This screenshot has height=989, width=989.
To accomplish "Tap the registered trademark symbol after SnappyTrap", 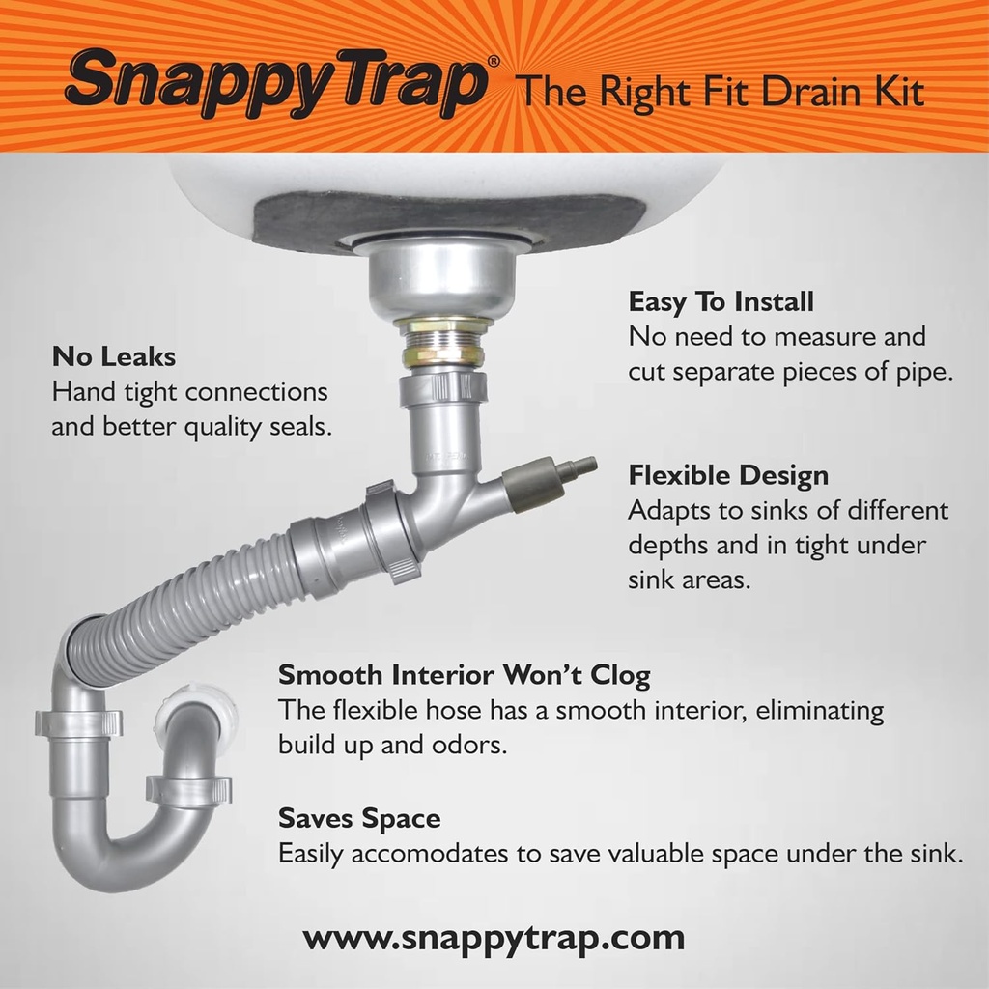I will (494, 61).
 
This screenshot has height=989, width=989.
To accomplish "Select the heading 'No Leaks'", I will (114, 356).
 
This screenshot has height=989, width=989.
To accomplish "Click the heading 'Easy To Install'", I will (721, 301).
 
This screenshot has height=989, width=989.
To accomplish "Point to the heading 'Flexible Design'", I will (728, 475).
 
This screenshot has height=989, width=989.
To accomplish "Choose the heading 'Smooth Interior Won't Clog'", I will (464, 673).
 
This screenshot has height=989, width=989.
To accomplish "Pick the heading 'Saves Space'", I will (359, 819).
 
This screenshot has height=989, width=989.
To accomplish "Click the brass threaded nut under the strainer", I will (442, 342).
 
